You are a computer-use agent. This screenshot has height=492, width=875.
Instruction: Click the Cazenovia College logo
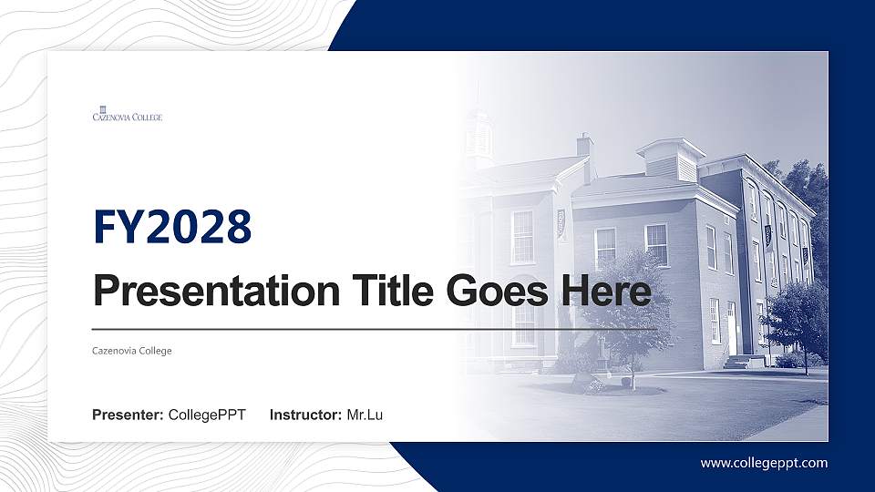pos(128,114)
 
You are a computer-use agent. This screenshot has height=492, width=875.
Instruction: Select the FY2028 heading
pos(172,228)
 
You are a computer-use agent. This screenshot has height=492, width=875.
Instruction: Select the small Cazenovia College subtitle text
pos(132,351)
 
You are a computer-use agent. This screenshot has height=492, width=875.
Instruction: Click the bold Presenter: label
pos(128,415)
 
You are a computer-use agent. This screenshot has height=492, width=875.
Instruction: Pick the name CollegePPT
pos(208,415)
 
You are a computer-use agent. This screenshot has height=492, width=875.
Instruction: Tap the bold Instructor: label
pos(306,415)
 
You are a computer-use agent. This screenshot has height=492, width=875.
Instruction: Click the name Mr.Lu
pos(365,415)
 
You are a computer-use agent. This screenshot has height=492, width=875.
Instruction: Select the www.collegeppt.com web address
pos(764,463)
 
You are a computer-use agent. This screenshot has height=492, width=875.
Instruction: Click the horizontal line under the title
pos(374,328)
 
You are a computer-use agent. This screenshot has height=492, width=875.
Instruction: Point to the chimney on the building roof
pos(584,146)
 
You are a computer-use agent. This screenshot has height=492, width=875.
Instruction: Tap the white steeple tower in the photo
pos(478,137)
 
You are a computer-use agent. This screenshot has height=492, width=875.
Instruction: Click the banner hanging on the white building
pos(561,223)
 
